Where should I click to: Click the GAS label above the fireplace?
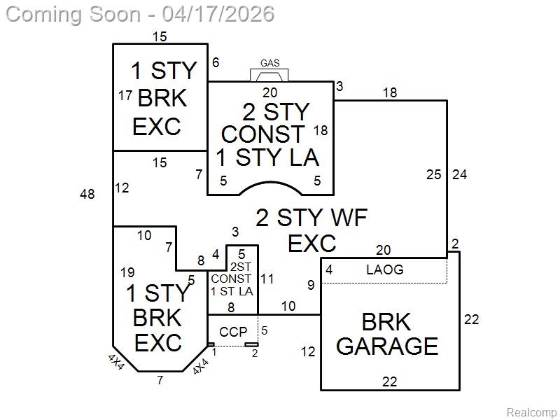point(269,63)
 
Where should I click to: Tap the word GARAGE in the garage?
point(388,346)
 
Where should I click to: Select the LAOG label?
point(385,269)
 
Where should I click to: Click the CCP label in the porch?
point(233,332)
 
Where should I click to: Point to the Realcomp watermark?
point(531,412)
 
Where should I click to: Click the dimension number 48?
point(87,195)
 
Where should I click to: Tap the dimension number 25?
point(434,174)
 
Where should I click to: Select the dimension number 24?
point(460,174)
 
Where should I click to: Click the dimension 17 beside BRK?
point(126,95)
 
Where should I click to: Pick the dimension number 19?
point(127,272)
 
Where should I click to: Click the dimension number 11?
point(267,279)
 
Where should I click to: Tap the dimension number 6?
point(216,62)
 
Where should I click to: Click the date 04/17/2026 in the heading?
point(218,14)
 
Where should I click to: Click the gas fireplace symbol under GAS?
point(269,76)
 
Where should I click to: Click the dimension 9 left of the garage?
point(311,285)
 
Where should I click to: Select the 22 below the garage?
point(390,381)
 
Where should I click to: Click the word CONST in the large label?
point(262,134)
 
